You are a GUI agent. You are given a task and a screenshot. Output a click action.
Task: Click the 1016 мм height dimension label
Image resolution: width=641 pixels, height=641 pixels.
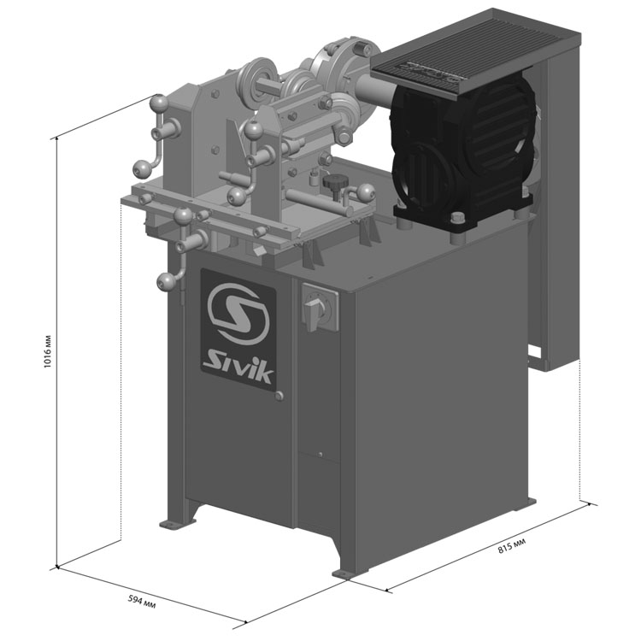[x=47, y=351]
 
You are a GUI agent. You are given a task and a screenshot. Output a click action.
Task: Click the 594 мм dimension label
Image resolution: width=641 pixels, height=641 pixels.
[x=142, y=602]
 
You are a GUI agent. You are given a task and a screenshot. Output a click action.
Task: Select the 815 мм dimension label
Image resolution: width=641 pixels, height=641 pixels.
[x=512, y=546]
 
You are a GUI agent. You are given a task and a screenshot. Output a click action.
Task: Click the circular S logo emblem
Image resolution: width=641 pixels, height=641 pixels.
[x=238, y=314]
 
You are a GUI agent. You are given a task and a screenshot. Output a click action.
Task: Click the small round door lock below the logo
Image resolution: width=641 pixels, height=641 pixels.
[x=279, y=396]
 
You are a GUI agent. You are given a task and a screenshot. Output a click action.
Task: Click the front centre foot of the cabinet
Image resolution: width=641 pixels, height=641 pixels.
[x=344, y=573]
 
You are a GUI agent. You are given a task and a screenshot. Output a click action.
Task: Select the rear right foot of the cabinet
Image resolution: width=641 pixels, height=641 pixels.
[x=530, y=501]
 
